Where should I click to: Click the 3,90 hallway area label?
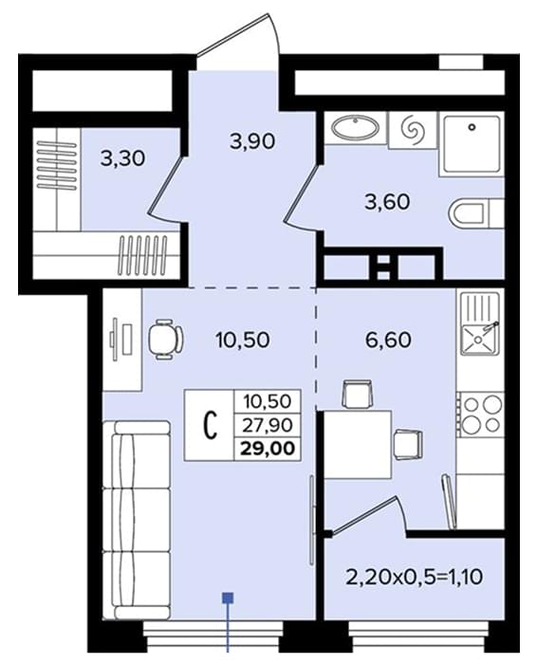(x=252, y=141)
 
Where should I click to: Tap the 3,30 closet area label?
(x=122, y=158)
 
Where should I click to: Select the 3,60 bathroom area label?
(x=387, y=201)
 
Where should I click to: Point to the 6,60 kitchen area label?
(x=388, y=340)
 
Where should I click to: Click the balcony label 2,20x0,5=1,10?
(x=414, y=577)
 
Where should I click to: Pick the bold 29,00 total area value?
(x=268, y=448)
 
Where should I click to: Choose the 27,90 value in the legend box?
(x=268, y=425)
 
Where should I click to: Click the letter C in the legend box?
(x=211, y=425)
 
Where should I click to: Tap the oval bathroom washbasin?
(x=355, y=127)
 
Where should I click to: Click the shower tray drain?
(x=472, y=126)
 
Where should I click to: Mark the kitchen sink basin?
(x=478, y=340)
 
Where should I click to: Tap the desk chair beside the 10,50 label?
(x=165, y=340)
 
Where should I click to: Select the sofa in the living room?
(x=137, y=520)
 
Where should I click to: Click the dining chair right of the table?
(x=408, y=444)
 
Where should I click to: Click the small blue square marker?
(x=229, y=598)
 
